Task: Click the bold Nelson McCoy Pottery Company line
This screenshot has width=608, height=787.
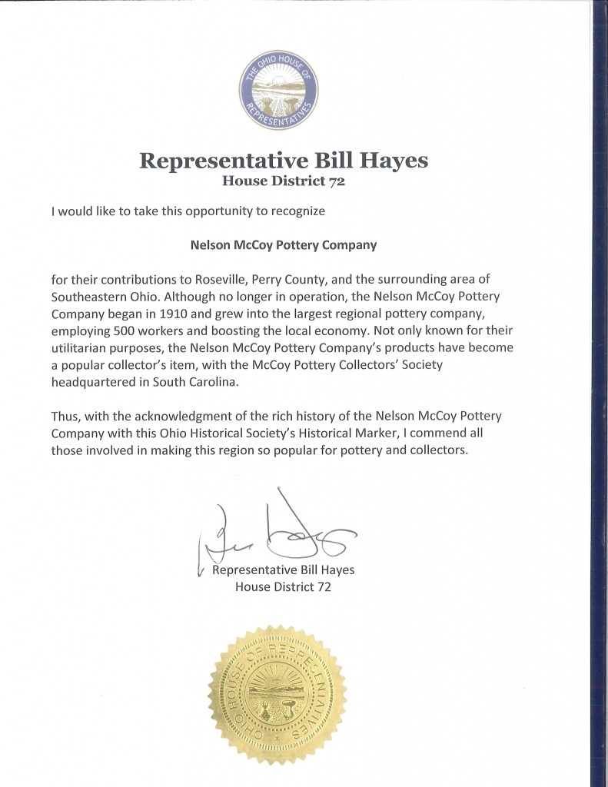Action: (283, 246)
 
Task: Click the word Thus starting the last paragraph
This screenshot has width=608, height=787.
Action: (65, 417)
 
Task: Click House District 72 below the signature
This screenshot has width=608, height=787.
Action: (283, 586)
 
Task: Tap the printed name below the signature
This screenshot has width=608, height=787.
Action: (283, 570)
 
